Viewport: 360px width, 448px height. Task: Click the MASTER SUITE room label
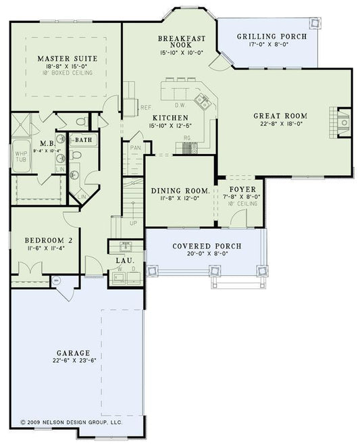click(67, 59)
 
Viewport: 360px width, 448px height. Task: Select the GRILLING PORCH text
click(272, 36)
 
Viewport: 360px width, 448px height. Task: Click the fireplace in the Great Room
click(342, 122)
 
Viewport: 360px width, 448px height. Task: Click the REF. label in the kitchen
click(146, 107)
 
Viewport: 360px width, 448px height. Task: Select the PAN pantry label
click(135, 147)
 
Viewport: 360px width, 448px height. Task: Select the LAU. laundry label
click(124, 261)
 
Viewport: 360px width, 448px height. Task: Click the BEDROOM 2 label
click(48, 240)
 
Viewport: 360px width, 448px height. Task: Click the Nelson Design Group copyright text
click(71, 421)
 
